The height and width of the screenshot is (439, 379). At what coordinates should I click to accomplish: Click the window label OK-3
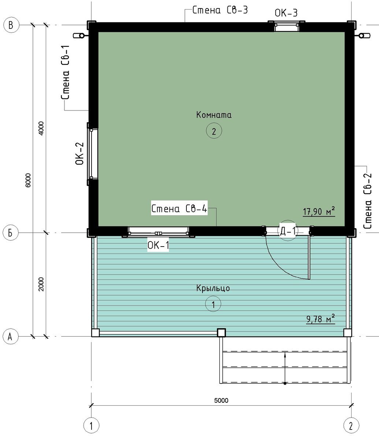click(286, 13)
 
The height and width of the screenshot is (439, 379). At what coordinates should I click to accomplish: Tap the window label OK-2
click(80, 154)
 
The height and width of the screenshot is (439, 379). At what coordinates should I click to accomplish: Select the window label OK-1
click(158, 245)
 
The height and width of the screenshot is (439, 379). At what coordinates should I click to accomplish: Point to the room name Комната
click(213, 115)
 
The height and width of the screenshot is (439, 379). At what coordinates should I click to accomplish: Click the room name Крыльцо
click(213, 288)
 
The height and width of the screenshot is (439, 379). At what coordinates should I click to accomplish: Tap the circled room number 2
click(214, 131)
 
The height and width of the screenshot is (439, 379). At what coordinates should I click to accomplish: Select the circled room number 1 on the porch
click(213, 304)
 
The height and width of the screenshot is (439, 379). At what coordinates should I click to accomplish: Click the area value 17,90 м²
click(319, 211)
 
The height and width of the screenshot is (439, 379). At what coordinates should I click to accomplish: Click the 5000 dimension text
click(221, 401)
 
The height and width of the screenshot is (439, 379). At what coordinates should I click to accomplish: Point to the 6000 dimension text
click(28, 180)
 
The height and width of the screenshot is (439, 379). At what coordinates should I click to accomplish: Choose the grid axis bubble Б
click(11, 233)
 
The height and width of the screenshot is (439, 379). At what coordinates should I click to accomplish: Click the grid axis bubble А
click(11, 337)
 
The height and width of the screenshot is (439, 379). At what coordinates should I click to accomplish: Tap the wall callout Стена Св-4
click(179, 209)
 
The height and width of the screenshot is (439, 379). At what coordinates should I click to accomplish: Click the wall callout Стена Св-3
click(220, 10)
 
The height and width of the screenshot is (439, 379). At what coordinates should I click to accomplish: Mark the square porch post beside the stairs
click(221, 333)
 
